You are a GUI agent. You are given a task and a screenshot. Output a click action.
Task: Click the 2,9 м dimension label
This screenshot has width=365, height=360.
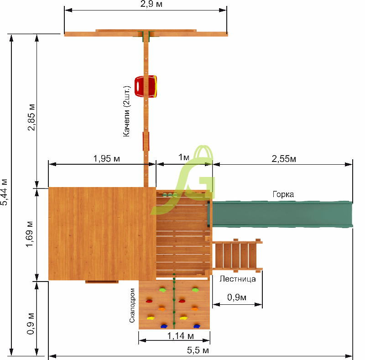point(151,4)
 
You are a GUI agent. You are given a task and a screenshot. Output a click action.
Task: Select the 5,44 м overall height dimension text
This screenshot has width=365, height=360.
point(4,192)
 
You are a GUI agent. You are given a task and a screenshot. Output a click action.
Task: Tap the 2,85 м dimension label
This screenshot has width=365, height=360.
point(31,117)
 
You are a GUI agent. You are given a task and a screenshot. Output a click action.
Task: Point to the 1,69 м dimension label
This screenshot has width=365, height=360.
point(29,234)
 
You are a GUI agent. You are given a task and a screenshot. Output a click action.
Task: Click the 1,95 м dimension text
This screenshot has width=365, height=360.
point(106,159)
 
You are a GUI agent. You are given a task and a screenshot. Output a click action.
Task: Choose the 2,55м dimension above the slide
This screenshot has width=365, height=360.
point(284,159)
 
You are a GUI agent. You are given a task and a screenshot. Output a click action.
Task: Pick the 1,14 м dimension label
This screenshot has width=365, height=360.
point(181,336)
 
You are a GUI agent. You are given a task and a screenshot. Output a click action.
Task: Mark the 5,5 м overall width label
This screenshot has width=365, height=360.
point(198,350)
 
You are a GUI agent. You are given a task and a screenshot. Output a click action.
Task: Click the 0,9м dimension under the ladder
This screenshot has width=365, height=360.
point(237,297)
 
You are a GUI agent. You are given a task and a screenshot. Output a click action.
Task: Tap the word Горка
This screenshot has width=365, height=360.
point(283,194)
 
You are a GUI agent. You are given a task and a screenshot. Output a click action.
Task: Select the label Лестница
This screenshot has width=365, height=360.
point(237,279)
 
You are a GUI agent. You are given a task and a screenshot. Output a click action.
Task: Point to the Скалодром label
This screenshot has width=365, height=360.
point(132,306)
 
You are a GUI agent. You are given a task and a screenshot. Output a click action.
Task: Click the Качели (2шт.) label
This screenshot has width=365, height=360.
point(126,111)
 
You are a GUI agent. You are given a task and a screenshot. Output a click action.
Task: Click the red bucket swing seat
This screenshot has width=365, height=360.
point(146,86)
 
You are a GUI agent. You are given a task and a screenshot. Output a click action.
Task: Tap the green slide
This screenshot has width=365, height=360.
point(280,214)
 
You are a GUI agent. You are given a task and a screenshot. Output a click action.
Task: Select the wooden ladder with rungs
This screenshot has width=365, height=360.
point(237,256)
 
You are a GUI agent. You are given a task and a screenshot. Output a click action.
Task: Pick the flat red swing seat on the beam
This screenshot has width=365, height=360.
point(146,141)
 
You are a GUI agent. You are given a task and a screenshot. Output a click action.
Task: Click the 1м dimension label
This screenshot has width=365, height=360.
point(184,157)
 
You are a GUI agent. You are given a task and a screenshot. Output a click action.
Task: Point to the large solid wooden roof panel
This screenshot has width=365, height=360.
point(102,234)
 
